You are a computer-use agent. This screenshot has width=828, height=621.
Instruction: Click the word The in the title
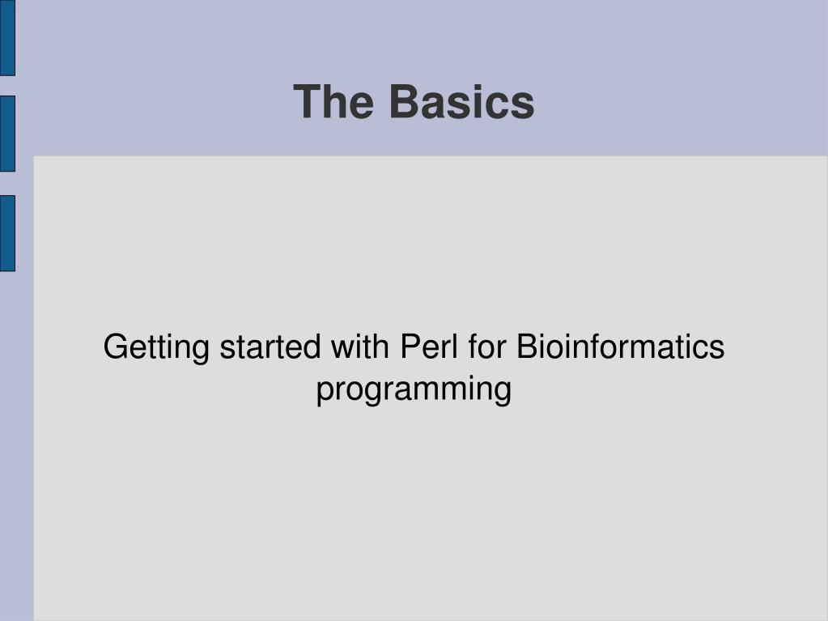coord(333,101)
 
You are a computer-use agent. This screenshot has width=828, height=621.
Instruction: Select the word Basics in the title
coord(462,101)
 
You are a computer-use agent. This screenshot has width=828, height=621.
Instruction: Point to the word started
coord(270,347)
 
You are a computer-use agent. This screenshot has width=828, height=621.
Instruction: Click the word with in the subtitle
coord(360,347)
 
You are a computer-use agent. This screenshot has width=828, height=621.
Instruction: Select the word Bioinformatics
coord(621,347)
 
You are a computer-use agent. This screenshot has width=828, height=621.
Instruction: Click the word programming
coord(414,390)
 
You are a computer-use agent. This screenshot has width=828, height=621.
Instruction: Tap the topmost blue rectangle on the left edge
coord(7,37)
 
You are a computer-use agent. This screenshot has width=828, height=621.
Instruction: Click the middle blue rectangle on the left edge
coord(7,134)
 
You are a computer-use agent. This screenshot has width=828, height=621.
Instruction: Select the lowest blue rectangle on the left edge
coord(7,233)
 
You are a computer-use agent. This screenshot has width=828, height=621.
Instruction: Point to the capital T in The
coord(308,101)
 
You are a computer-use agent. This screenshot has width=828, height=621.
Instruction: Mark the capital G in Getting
coord(117,347)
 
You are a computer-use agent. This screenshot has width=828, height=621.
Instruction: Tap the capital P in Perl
coord(412,347)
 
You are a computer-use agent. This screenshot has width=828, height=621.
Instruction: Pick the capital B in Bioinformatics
coord(528,347)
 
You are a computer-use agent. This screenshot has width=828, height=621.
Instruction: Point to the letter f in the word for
coord(473,347)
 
